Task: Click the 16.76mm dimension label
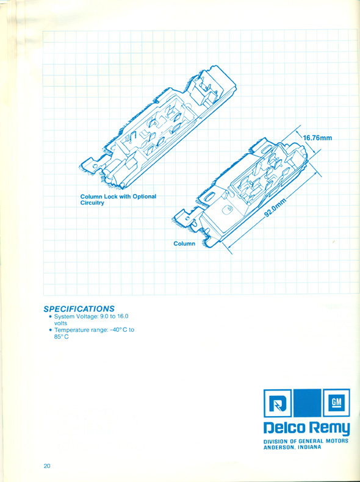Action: coord(317,138)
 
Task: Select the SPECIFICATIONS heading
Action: coord(79,309)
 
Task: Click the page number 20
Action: coord(47,466)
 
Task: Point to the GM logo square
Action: coord(336,403)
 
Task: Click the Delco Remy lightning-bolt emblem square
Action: coord(277,403)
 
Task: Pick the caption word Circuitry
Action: coord(92,203)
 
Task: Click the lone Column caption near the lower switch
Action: coord(184,244)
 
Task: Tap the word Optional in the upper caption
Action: coord(144,196)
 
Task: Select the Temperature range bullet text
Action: coord(92,333)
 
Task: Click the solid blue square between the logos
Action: coord(307,403)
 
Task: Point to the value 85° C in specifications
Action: coord(61,337)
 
